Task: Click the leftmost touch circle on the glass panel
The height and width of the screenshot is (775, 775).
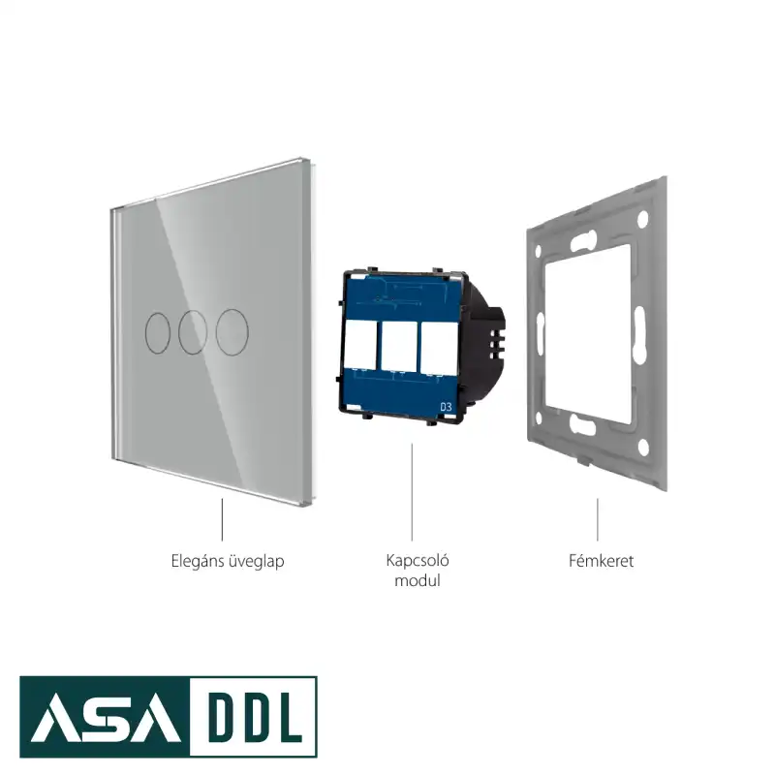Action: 146,332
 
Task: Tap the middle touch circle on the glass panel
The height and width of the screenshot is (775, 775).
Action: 179,332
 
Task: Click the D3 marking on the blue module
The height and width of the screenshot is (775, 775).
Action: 446,407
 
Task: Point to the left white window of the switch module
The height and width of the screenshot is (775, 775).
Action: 360,345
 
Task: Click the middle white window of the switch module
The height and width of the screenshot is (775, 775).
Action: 399,346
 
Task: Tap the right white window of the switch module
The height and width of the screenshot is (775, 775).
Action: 439,347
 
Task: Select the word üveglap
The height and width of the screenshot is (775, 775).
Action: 257,562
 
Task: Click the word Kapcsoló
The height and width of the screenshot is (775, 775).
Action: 418,561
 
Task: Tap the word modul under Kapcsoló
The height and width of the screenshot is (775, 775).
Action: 418,580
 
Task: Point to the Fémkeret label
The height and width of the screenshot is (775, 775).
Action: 601,561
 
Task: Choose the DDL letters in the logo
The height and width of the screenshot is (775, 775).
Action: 253,716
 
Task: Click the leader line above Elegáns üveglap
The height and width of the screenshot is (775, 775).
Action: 222,519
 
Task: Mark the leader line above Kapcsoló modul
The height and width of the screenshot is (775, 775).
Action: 412,492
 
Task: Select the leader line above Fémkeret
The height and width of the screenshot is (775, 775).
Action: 598,519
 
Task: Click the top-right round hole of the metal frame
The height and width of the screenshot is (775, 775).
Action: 642,219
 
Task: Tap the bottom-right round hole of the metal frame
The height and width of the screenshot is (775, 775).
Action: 643,447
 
